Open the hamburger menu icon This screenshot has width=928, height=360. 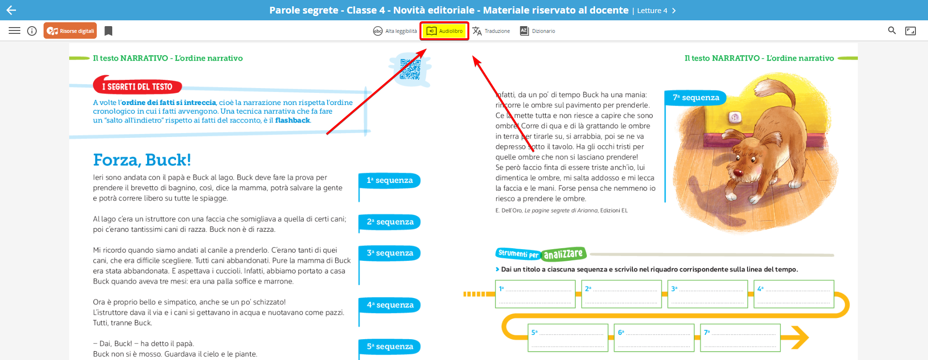tap(15, 31)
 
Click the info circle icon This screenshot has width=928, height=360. tap(32, 31)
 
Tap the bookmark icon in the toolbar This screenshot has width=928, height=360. tap(108, 31)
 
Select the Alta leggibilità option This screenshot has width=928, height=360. tap(395, 31)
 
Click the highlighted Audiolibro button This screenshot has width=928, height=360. tap(444, 31)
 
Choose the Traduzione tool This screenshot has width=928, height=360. tap(491, 31)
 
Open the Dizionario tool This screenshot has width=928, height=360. tap(538, 31)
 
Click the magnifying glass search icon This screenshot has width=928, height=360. tap(892, 30)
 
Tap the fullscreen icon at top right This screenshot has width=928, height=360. tap(911, 31)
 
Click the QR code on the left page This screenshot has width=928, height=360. tap(410, 69)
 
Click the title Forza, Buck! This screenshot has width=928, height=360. tap(142, 160)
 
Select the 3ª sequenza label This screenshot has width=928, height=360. tap(389, 253)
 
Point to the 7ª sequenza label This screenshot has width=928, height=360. tap(696, 98)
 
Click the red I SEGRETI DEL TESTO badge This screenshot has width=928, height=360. tap(137, 86)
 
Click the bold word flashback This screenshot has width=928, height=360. tap(292, 120)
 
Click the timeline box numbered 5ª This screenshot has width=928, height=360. tap(568, 338)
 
